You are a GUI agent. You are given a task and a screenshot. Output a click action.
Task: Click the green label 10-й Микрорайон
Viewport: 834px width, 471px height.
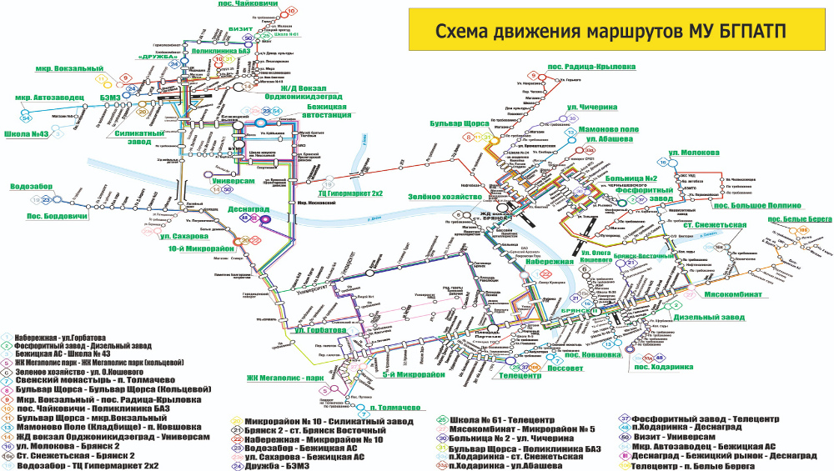(x=201, y=248)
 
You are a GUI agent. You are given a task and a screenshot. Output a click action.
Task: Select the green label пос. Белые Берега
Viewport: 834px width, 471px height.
(x=800, y=218)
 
